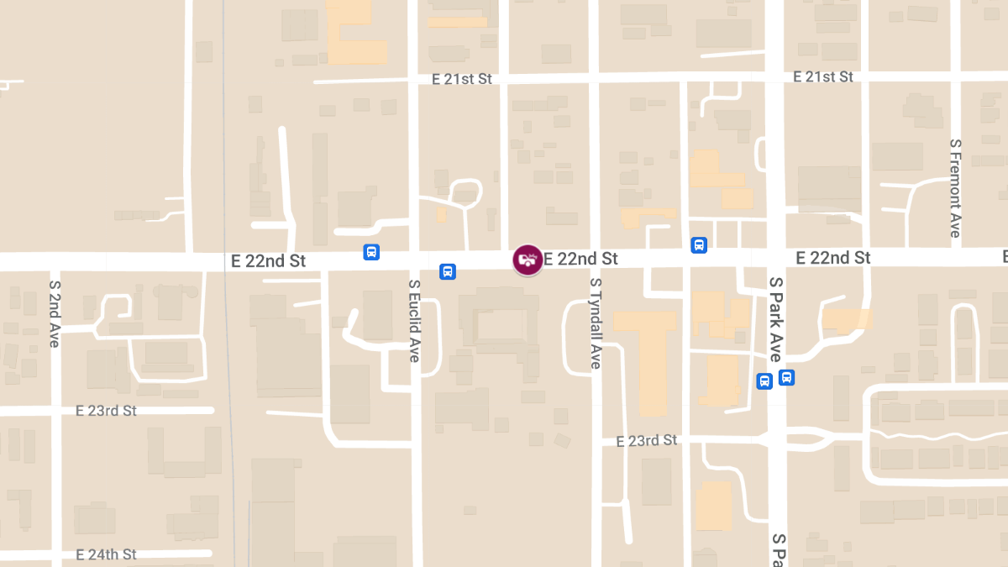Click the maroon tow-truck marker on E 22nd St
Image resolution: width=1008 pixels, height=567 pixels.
coord(527,259)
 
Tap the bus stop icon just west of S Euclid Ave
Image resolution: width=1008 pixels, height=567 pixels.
coord(371,252)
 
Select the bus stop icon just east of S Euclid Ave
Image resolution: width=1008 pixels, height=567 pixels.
coord(448,271)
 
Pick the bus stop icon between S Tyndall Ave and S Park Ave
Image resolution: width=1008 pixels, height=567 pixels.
coord(698,245)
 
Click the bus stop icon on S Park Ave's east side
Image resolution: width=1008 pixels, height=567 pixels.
coord(786,377)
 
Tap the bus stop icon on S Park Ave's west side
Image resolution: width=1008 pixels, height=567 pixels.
coord(764,381)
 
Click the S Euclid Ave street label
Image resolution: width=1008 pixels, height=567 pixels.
coord(414,320)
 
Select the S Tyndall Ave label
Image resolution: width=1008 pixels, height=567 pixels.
coord(596,323)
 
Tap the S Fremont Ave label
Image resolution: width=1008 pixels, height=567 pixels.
coord(955,188)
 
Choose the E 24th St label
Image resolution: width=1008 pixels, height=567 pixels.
coord(106,554)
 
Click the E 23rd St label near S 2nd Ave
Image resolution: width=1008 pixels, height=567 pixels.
coord(106,411)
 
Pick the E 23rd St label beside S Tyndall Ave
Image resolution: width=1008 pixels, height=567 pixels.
coord(646,440)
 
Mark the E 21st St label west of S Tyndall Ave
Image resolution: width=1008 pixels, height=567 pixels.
coord(461,79)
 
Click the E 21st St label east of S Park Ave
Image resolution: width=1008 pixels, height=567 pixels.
coord(823,76)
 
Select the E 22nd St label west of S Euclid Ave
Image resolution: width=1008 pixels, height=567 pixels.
coord(268,261)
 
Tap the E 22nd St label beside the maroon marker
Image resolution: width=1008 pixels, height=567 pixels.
coord(580,259)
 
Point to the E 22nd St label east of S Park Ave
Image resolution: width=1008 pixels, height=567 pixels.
coord(833,257)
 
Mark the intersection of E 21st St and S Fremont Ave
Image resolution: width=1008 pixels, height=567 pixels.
coord(955,76)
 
